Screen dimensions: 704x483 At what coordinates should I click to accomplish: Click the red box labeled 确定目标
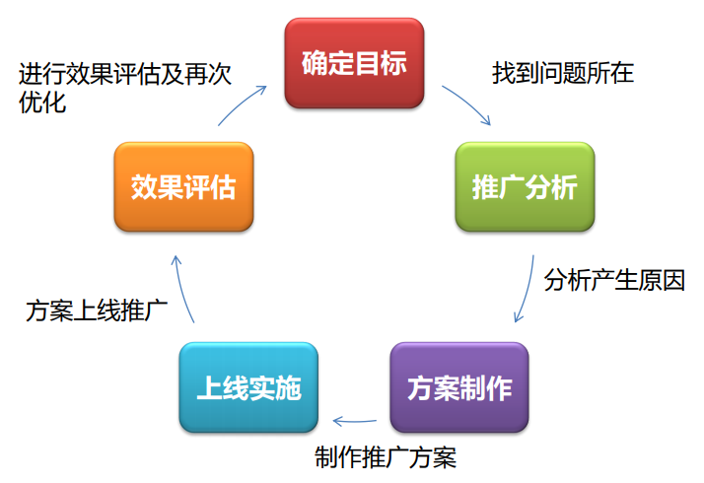[x=354, y=63]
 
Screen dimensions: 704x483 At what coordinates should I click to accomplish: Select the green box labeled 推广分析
[x=525, y=186]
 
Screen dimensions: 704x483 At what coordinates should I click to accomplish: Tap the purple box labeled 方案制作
[x=459, y=387]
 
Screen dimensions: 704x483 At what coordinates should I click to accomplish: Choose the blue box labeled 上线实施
[x=248, y=387]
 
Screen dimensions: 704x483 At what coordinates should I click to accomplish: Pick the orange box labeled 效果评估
[x=183, y=186]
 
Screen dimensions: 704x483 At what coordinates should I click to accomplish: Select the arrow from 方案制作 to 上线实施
[x=355, y=422]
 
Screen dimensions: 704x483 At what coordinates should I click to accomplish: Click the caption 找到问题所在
[x=563, y=73]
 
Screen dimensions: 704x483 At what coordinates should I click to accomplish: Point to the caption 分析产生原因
[x=614, y=281]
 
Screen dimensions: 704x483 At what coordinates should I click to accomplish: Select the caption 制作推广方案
[x=386, y=457]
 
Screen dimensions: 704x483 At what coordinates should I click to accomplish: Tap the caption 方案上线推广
[x=97, y=310]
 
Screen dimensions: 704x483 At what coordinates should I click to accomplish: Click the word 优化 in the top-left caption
[x=42, y=103]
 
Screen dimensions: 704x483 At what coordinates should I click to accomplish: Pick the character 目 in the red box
[x=368, y=63]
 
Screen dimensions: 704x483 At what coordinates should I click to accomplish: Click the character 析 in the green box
[x=565, y=187]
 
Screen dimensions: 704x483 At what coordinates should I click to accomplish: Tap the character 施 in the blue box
[x=288, y=387]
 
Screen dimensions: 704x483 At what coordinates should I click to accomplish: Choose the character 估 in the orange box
[x=223, y=187]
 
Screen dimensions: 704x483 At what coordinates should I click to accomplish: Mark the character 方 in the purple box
[x=420, y=387]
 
